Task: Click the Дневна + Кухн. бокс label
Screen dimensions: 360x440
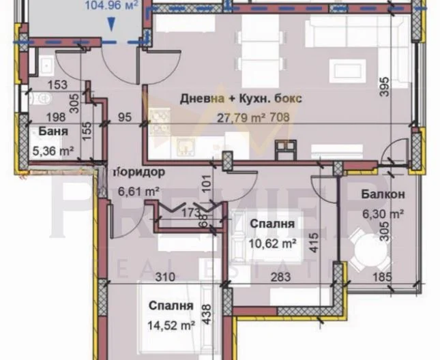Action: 241,98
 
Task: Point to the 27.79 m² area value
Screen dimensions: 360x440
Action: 237,116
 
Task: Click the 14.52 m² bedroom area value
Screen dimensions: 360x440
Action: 171,326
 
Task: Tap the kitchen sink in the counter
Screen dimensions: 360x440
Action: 185,143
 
